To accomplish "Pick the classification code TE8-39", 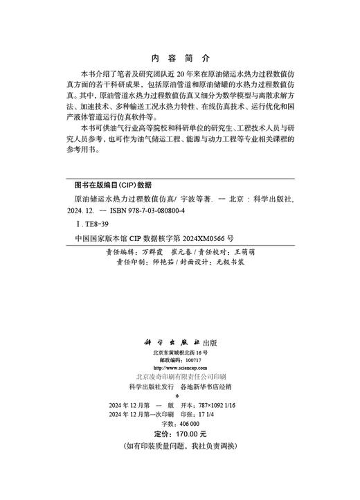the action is tap(91, 224).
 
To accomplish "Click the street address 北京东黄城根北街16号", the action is tap(180, 352).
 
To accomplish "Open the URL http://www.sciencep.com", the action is tap(180, 368).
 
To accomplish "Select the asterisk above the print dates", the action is tap(180, 396).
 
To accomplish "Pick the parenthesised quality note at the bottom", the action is tap(180, 445).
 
